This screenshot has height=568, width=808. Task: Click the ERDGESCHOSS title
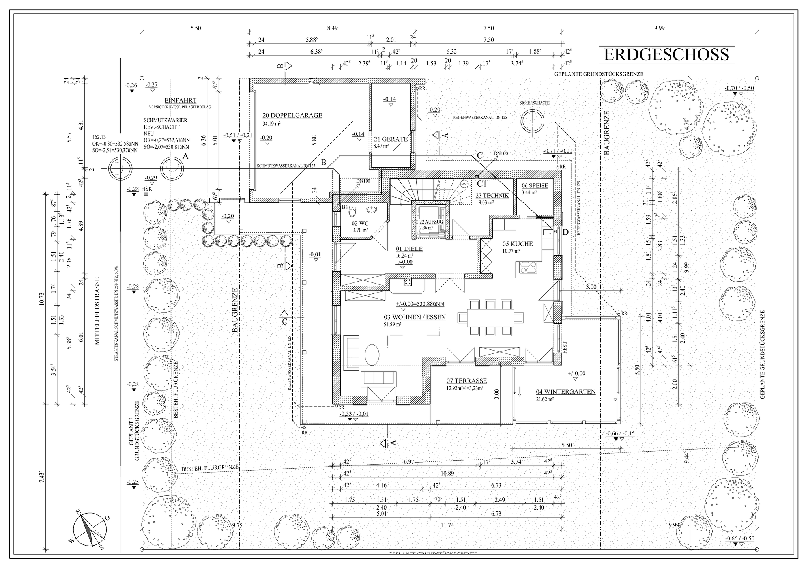pos(666,54)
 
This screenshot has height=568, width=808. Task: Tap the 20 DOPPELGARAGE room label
pos(292,115)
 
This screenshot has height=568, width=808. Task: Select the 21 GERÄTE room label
pos(390,139)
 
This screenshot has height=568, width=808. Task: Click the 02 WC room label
pos(360,223)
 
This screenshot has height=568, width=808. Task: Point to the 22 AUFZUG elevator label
pos(431,222)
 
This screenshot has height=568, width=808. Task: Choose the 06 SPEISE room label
pos(535,185)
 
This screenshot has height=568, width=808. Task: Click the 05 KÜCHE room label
pos(518,244)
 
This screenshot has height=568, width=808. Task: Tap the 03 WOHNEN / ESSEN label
pos(415,317)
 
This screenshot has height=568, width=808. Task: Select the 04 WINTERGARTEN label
pos(565,392)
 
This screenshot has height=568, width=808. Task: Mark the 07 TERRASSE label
pos(467,381)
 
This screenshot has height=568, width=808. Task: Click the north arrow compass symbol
pos(90,529)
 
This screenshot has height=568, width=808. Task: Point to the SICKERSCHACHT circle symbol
pos(531,121)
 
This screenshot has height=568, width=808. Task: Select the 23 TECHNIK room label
pos(492,195)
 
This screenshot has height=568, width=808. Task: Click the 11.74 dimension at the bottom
pos(447,525)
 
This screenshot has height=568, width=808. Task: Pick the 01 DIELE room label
pos(409,248)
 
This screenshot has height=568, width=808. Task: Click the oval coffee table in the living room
pos(372,355)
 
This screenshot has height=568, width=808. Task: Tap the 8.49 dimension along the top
pos(332,28)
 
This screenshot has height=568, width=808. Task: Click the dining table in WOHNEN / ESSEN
pos(491,318)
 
